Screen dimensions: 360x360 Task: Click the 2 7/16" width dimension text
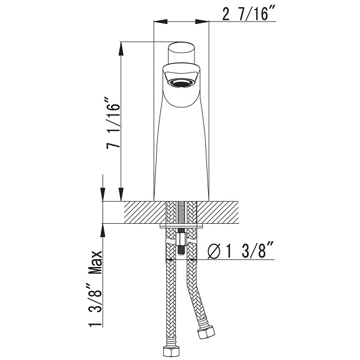click(x=245, y=14)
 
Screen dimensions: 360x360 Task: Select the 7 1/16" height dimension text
click(x=113, y=123)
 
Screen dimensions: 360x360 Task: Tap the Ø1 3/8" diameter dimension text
click(x=239, y=251)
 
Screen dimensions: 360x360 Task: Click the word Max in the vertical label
click(x=95, y=262)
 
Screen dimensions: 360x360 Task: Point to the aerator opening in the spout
click(x=182, y=82)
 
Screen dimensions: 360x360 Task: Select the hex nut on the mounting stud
click(x=181, y=239)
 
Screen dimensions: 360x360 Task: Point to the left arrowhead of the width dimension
click(x=160, y=22)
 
